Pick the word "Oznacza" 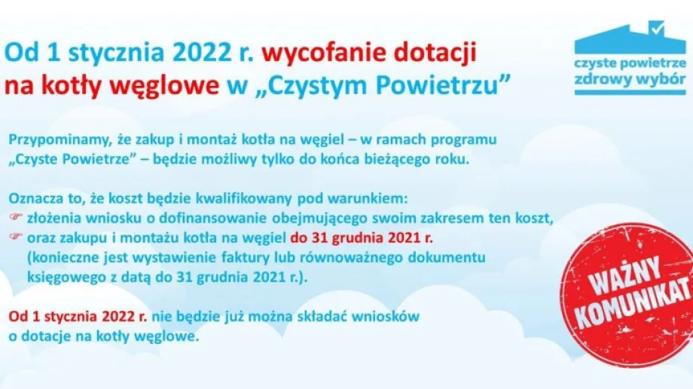pyautogui.click(x=35, y=199)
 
